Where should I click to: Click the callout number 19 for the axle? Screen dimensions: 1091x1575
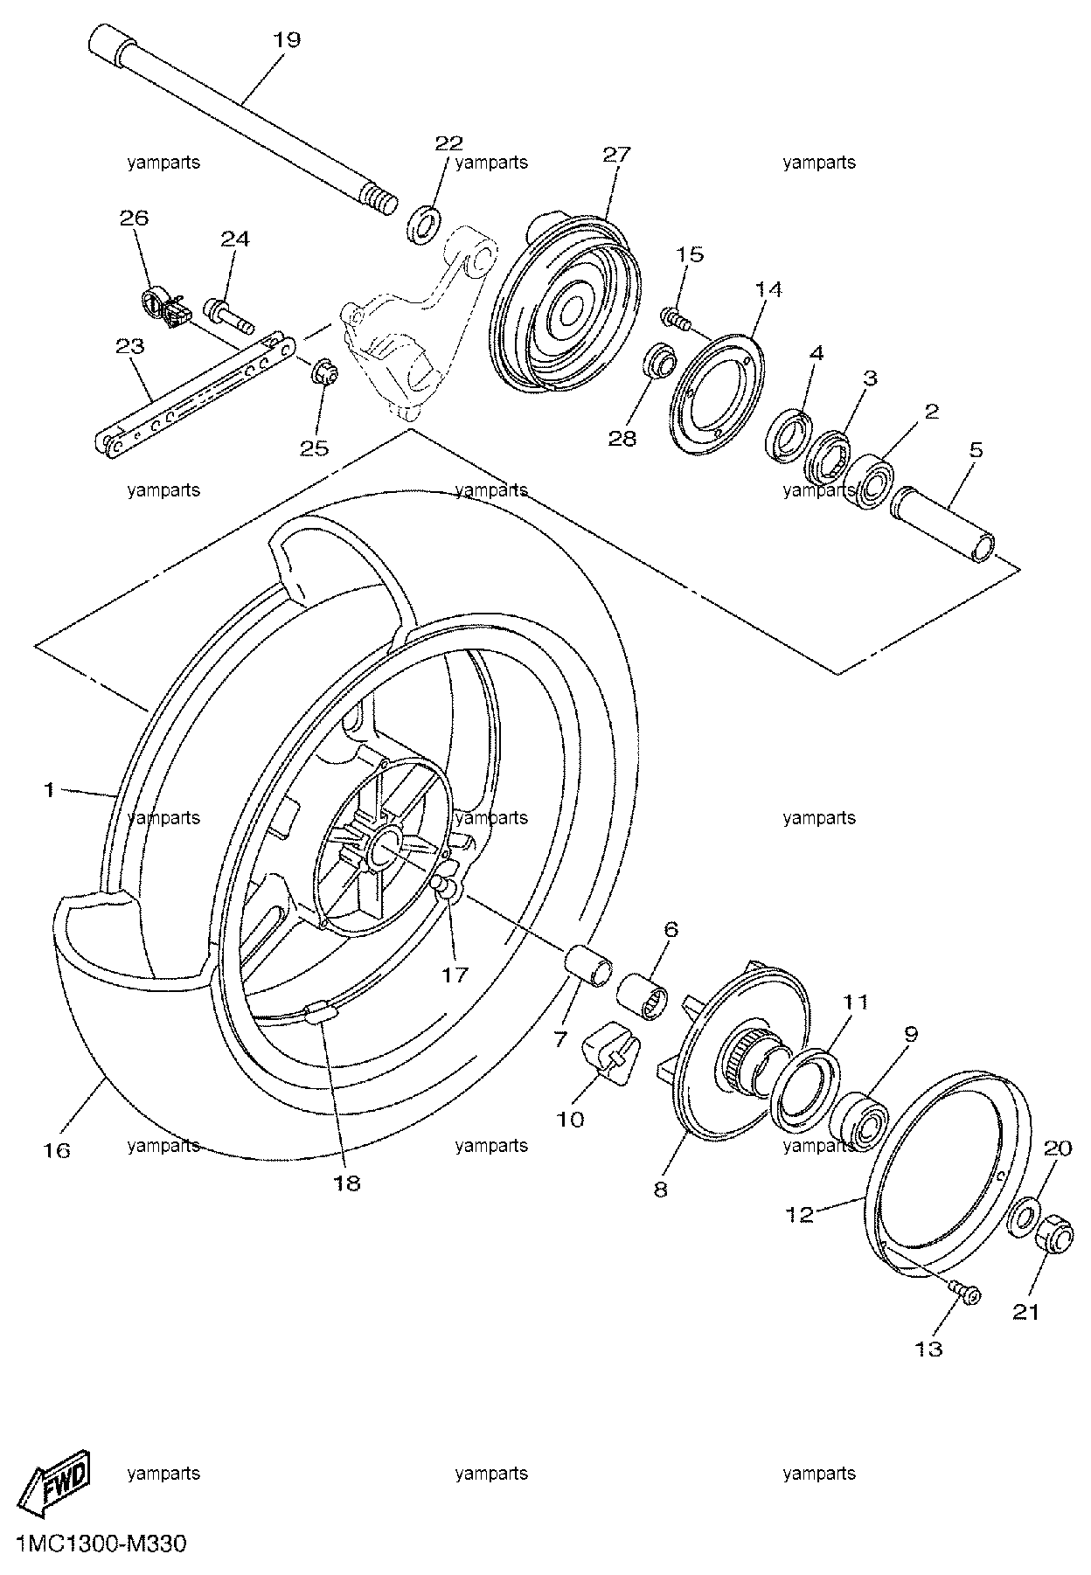(x=287, y=39)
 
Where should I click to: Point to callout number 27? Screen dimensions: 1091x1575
(x=616, y=155)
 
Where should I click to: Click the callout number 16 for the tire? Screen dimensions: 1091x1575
(x=56, y=1150)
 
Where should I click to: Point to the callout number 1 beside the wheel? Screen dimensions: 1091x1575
(x=50, y=789)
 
